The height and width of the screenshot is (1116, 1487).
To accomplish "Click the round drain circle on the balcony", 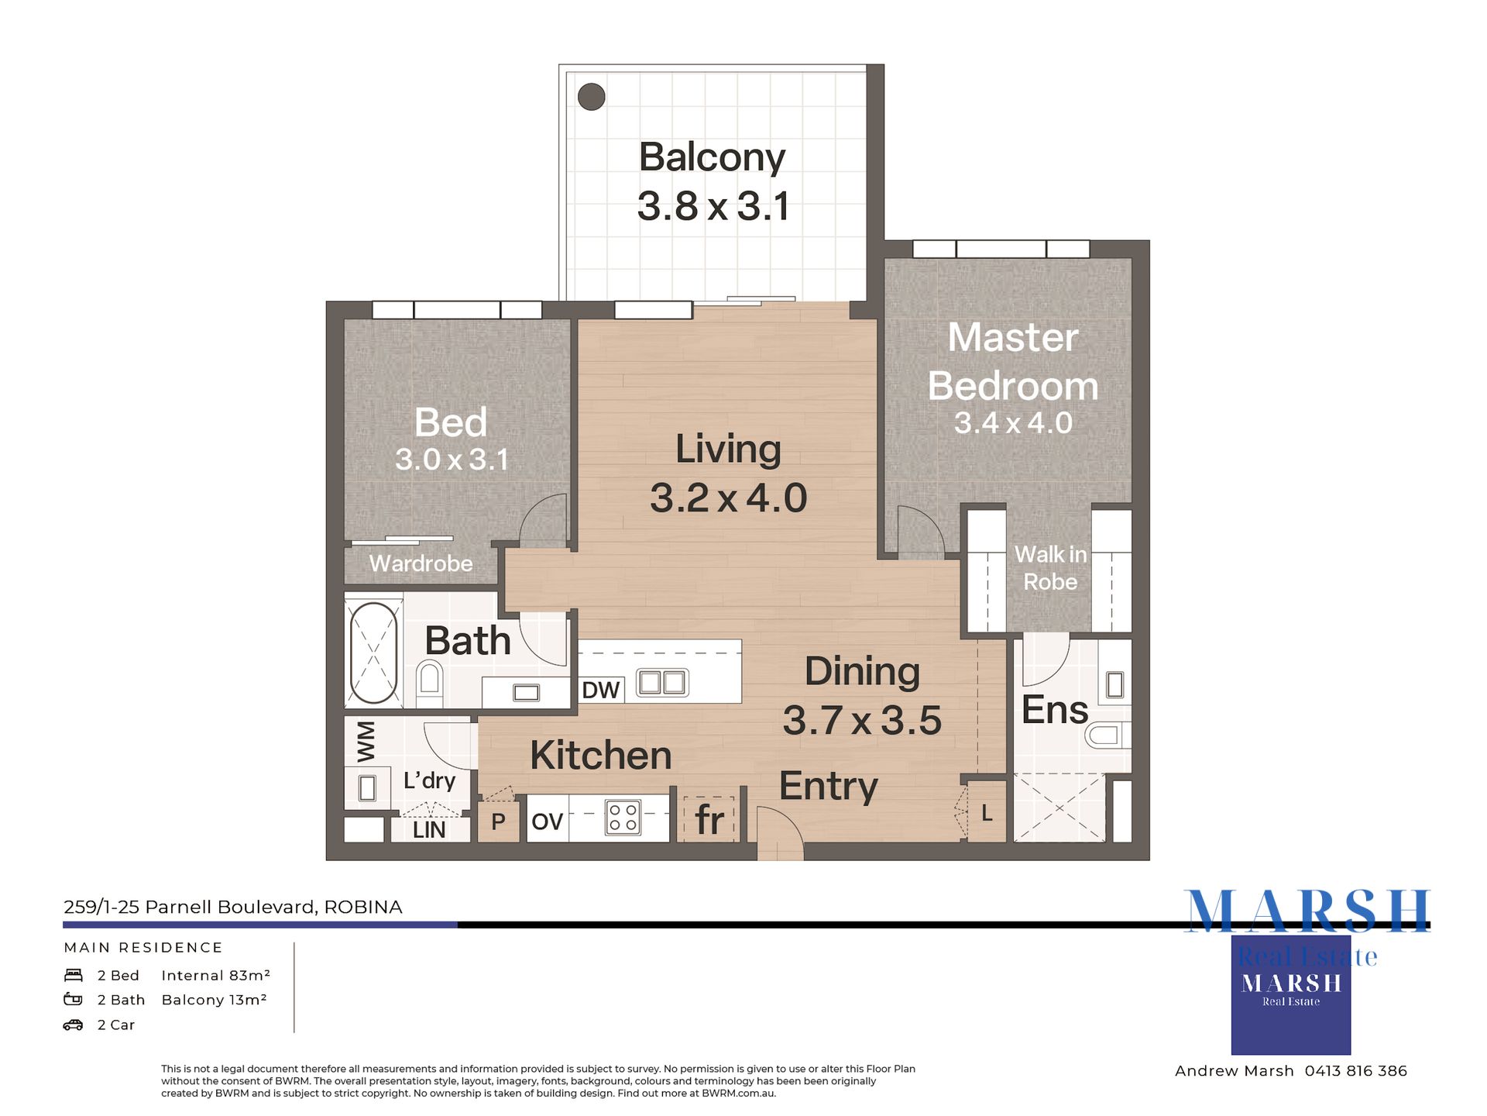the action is tap(591, 97).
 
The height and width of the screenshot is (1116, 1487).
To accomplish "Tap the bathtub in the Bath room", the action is tap(373, 653).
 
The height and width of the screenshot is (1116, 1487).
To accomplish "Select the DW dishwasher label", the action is tap(600, 690).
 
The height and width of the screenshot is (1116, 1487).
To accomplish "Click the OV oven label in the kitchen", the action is tap(547, 821).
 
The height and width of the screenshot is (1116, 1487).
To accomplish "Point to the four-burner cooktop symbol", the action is tap(623, 818).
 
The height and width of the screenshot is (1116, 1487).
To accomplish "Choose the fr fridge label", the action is tap(709, 820).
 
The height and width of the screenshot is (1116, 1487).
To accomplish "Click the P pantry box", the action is tap(498, 821).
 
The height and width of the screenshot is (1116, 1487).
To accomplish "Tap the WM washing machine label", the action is tap(366, 740).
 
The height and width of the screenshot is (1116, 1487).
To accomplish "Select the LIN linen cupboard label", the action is tap(429, 830).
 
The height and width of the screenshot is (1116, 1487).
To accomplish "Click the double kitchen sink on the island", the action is tap(662, 683).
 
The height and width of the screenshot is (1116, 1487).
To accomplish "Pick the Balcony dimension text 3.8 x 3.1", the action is tap(713, 206).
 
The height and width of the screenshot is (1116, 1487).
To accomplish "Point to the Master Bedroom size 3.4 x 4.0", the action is tap(1013, 423).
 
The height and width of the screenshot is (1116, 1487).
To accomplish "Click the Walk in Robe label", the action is tap(1050, 568).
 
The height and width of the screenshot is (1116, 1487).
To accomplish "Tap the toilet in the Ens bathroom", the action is tap(1107, 734).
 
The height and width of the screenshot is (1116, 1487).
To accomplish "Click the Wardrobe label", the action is tap(421, 563).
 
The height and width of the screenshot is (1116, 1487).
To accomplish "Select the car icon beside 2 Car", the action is tap(73, 1025).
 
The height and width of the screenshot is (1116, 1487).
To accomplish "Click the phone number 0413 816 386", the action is tap(1355, 1071).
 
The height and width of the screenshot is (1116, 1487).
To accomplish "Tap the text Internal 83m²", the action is tap(216, 975).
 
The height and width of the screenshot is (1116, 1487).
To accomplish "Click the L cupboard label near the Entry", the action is tap(987, 813).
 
